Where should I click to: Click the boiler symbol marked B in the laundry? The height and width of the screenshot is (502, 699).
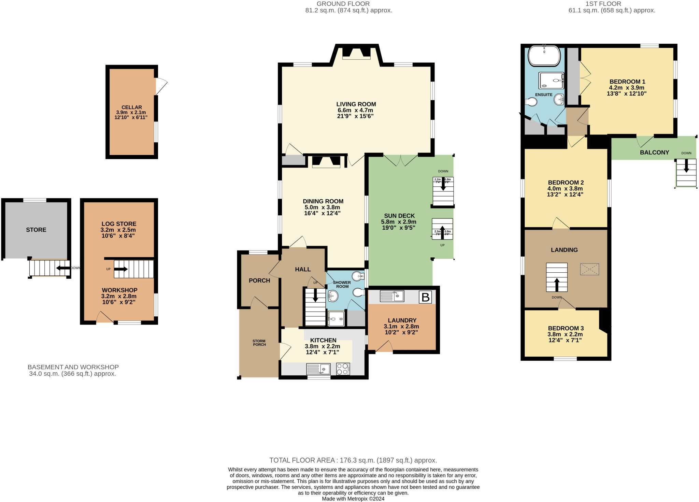click(425, 297)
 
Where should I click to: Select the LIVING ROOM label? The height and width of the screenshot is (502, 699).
click(356, 104)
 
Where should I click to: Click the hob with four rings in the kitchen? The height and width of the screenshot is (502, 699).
click(343, 369)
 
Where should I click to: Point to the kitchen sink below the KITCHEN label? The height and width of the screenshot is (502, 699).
click(318, 369)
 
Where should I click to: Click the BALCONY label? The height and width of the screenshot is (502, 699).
click(654, 153)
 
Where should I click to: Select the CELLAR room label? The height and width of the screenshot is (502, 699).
click(131, 107)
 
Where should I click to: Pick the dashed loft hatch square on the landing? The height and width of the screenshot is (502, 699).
click(589, 269)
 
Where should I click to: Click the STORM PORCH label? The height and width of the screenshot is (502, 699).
click(259, 343)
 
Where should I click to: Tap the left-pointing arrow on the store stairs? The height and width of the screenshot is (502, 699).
click(63, 268)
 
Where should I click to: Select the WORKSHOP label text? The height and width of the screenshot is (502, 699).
click(119, 290)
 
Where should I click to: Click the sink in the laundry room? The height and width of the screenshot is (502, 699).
click(392, 296)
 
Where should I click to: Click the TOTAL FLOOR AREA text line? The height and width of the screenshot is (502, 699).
click(353, 460)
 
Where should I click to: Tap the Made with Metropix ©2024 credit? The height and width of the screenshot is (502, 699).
click(353, 499)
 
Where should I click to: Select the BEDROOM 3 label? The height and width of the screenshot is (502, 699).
click(566, 328)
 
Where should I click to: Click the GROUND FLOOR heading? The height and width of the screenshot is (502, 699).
click(343, 4)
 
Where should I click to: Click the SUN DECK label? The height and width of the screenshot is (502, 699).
click(399, 216)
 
